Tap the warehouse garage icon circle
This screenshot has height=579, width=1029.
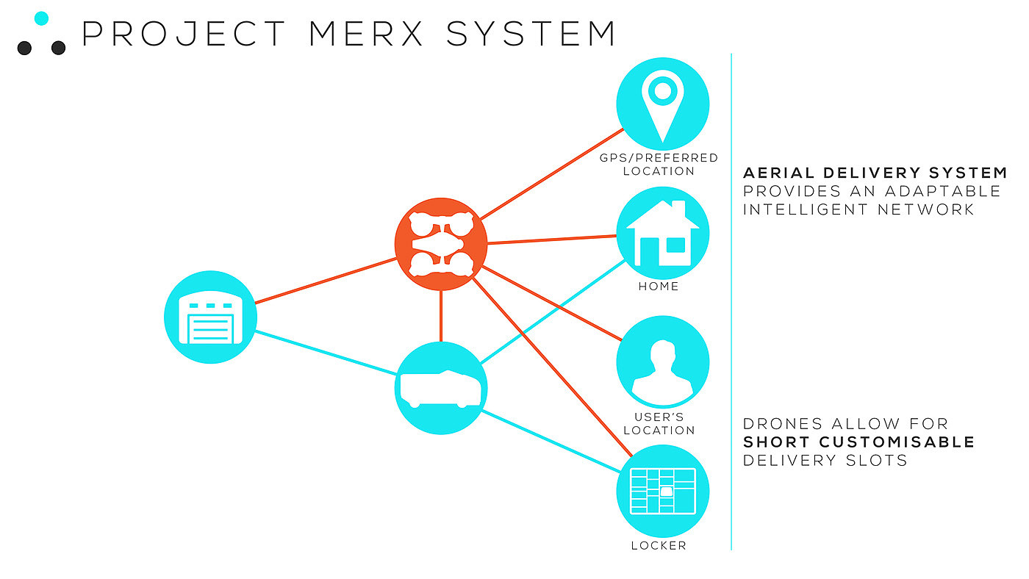[210, 317]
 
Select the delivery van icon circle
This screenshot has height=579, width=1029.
[441, 388]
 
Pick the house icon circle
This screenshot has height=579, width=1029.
[662, 233]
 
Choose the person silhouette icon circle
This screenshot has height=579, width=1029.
[662, 362]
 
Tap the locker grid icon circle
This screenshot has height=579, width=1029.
[662, 491]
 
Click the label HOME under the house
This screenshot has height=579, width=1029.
[659, 286]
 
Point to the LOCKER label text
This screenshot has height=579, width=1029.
[659, 546]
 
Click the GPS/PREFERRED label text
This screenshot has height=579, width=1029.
[659, 158]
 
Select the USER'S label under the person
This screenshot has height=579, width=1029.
[659, 417]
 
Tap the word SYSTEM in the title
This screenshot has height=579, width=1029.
[531, 34]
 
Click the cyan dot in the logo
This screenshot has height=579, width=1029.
[41, 18]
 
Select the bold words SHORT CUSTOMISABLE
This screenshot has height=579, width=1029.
[858, 442]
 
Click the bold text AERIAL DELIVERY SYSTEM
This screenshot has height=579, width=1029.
[875, 173]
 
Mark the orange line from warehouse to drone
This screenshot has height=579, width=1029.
[326, 280]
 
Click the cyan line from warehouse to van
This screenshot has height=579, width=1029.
[326, 353]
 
